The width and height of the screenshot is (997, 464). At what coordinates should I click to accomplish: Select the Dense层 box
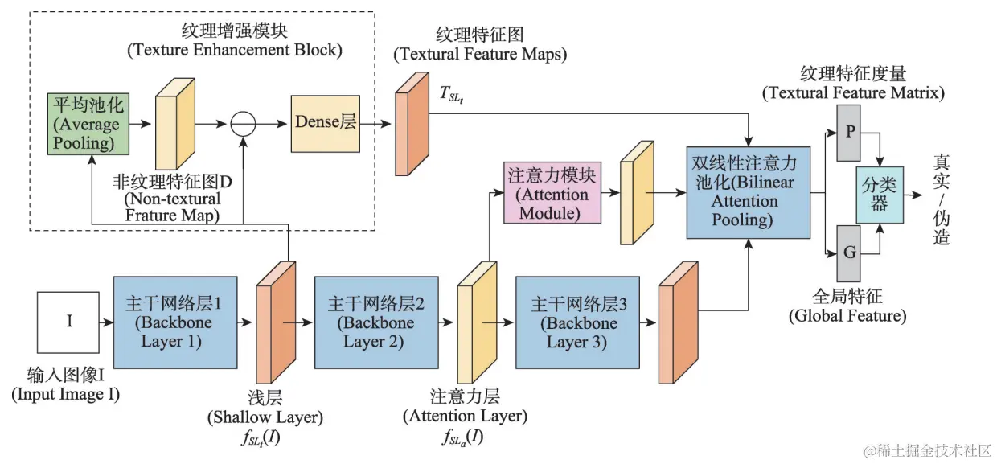(326, 123)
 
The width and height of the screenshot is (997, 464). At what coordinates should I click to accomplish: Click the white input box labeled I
(69, 322)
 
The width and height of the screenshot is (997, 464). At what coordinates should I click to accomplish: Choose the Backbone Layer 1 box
(174, 322)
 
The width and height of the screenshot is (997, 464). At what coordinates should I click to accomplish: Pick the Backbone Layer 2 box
(375, 322)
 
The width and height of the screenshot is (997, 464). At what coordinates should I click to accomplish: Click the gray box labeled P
(848, 131)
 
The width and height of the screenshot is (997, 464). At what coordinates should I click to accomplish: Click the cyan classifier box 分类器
(879, 193)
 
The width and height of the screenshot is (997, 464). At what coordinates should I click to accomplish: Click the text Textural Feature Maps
(480, 55)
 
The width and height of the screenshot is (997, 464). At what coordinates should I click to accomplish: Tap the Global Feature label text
(847, 316)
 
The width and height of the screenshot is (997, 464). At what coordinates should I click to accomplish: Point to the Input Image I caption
(66, 395)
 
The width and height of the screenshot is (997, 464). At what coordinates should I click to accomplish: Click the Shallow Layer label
(265, 417)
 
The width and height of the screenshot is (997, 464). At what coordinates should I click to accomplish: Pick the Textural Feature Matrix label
(853, 93)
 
